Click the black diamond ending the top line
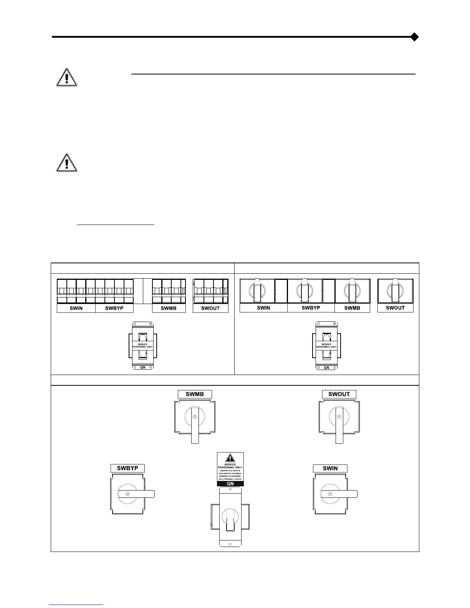tap(414, 37)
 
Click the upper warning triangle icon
tap(66, 77)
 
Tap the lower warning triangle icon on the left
tap(66, 162)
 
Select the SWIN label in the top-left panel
tap(76, 308)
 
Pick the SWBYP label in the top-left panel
tap(114, 308)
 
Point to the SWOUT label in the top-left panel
tap(210, 308)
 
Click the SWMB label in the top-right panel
tap(352, 308)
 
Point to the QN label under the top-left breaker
tap(143, 367)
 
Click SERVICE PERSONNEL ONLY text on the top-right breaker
tap(326, 345)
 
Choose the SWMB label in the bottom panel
tap(195, 394)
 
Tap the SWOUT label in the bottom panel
tap(339, 394)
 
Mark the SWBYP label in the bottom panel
tap(127, 468)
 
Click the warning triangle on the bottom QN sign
tap(230, 458)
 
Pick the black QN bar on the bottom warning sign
tap(230, 484)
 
